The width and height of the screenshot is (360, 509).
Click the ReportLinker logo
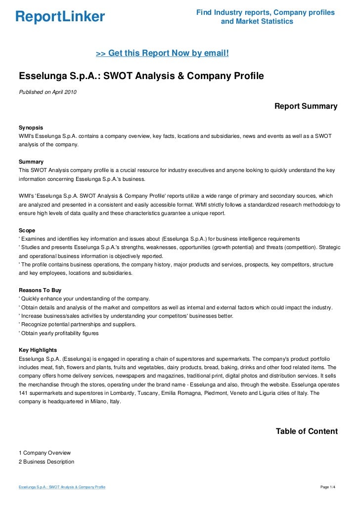pyautogui.click(x=60, y=17)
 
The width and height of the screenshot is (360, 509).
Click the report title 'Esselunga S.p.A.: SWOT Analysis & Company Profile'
pyautogui.click(x=141, y=77)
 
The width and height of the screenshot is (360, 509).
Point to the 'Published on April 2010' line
pyautogui.click(x=47, y=92)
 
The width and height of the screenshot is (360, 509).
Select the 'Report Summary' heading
pyautogui.click(x=306, y=106)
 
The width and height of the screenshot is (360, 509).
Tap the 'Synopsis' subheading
pyautogui.click(x=31, y=127)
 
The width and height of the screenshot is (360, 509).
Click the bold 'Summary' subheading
pyautogui.click(x=31, y=162)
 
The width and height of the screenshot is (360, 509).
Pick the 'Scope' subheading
pyautogui.click(x=27, y=230)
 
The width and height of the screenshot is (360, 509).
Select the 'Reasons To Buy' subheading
pyautogui.click(x=40, y=291)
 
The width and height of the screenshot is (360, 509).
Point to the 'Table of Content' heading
pyautogui.click(x=307, y=431)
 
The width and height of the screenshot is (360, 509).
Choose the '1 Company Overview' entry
pyautogui.click(x=45, y=453)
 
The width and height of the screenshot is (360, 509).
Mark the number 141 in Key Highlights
pyautogui.click(x=24, y=393)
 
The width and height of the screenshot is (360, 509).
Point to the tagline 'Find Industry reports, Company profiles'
pyautogui.click(x=266, y=12)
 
